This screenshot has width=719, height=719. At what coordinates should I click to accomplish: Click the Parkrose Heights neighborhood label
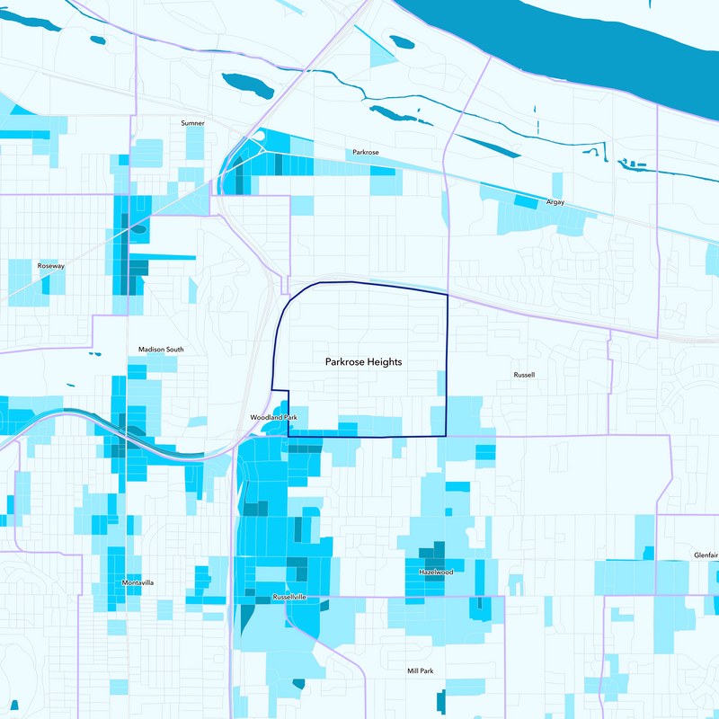pos(363,362)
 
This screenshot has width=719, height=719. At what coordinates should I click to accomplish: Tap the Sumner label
pos(192,122)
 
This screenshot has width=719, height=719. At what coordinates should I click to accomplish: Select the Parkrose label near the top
pos(365,153)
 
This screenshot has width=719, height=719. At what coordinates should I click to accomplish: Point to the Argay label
pos(555,202)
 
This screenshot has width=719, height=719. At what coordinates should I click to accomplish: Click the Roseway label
pos(51,267)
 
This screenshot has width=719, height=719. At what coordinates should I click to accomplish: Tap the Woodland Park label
pos(273,418)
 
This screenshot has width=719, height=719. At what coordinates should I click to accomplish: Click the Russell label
pos(524,374)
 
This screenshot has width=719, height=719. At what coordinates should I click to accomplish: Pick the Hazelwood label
pos(436,572)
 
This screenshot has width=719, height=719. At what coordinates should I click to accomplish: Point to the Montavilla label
pos(138,582)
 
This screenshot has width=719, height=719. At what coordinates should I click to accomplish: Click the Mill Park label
pos(420,670)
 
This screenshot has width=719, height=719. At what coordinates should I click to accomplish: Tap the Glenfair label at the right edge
pos(705,555)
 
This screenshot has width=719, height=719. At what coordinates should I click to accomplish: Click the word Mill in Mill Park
pos(413,670)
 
